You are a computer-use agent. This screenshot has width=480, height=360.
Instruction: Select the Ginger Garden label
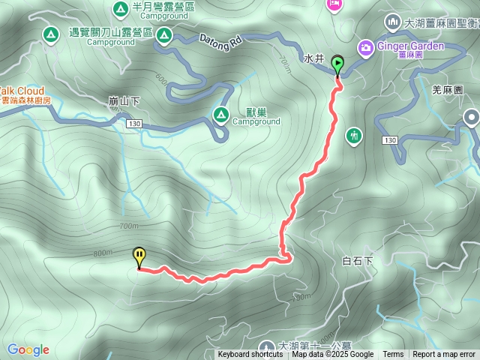click(x=411, y=46)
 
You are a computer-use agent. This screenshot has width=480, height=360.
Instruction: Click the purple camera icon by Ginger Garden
click(x=366, y=47)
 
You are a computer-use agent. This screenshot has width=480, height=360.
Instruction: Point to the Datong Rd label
click(x=220, y=40)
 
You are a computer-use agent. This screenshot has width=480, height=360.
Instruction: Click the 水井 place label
click(x=313, y=58)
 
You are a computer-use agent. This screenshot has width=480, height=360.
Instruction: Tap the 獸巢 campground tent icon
click(x=220, y=114)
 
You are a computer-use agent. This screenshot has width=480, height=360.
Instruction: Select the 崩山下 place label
click(x=124, y=100)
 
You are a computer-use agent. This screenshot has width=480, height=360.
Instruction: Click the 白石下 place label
click(x=357, y=261)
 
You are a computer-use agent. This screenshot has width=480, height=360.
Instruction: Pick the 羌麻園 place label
click(x=448, y=90)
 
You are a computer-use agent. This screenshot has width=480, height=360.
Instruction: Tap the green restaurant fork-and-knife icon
click(x=354, y=136)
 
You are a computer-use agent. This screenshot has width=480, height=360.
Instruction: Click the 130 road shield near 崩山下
click(x=133, y=122)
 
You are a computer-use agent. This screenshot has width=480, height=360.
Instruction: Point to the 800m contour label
click(x=103, y=254)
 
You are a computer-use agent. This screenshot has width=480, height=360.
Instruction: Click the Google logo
click(x=28, y=349)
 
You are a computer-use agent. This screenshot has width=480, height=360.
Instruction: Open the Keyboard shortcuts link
click(x=250, y=355)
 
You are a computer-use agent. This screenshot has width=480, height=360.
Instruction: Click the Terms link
click(x=393, y=355)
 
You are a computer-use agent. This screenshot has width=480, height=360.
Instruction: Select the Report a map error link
click(x=443, y=355)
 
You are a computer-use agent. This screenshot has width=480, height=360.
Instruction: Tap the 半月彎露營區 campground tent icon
click(x=120, y=9)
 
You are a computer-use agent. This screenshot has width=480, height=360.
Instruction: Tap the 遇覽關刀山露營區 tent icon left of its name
click(x=50, y=34)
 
